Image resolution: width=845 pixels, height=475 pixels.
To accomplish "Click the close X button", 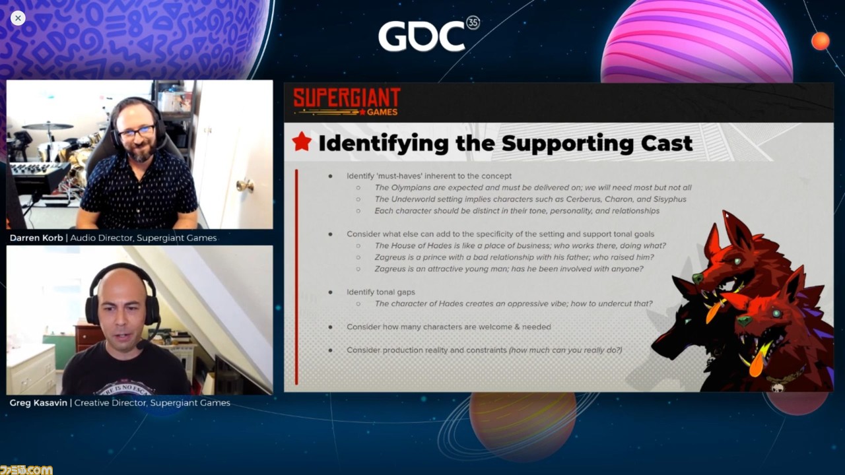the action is pyautogui.click(x=18, y=18).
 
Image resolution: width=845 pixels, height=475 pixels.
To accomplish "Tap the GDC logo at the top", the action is pyautogui.click(x=428, y=35).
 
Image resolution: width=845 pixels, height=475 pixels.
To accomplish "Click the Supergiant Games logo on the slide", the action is pyautogui.click(x=347, y=102).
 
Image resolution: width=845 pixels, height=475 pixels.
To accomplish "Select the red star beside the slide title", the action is pyautogui.click(x=302, y=142).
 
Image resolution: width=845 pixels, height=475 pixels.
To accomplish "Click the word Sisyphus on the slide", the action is pyautogui.click(x=669, y=199).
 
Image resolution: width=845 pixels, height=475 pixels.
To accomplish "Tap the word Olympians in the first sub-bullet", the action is pyautogui.click(x=410, y=188).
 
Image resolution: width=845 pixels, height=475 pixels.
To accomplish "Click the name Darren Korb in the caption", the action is pyautogui.click(x=36, y=238).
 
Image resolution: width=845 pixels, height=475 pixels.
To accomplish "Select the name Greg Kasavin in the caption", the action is pyautogui.click(x=38, y=402).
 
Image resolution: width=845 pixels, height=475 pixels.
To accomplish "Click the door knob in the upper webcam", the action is pyautogui.click(x=246, y=185).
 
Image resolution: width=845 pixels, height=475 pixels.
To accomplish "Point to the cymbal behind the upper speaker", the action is pyautogui.click(x=48, y=126).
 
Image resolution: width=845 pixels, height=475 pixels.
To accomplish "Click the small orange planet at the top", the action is pyautogui.click(x=821, y=41).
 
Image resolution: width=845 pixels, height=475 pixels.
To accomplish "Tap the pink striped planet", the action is pyautogui.click(x=696, y=42).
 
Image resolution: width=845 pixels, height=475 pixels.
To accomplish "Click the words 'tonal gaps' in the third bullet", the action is pyautogui.click(x=395, y=292).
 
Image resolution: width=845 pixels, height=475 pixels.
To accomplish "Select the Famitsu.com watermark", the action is pyautogui.click(x=26, y=470).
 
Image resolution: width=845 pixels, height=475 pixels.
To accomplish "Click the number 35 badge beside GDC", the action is pyautogui.click(x=473, y=22).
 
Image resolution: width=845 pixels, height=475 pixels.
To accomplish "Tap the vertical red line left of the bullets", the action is pyautogui.click(x=296, y=277).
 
